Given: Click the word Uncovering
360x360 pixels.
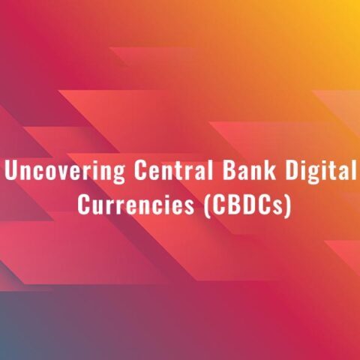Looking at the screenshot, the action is pos(64,171).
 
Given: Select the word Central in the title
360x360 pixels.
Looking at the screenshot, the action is pos(174,169).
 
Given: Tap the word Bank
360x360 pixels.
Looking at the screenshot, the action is pos(250,169).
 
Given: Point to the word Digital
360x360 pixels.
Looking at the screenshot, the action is pos(321,171).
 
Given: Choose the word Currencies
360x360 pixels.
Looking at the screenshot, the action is pos(136,205).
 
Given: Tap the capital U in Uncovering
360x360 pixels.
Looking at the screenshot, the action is pos(11,170).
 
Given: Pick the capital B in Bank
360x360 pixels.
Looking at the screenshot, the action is pos(229,170).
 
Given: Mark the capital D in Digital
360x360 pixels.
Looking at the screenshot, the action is pos(292,170).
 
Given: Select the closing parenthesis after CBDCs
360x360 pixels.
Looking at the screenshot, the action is pos(288,206).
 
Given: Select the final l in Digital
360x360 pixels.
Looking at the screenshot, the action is pos(353,170).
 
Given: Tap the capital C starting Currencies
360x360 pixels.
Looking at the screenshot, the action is pos(84,205).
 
